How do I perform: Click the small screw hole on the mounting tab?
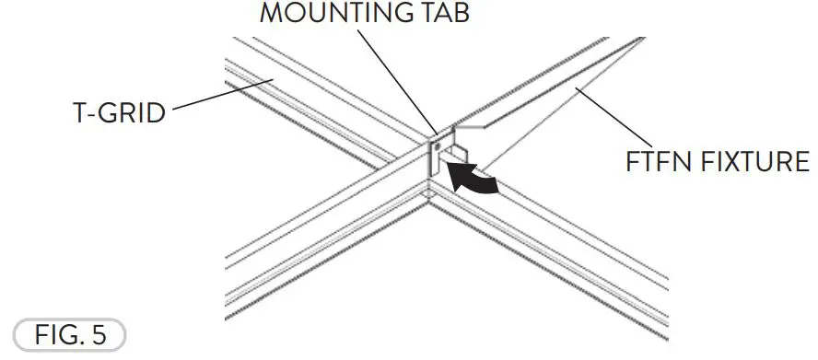pos(437,145)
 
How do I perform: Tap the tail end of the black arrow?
pos(496,187)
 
